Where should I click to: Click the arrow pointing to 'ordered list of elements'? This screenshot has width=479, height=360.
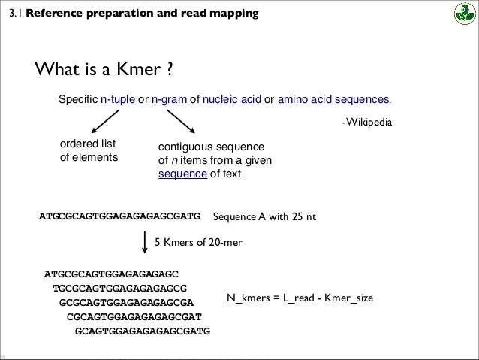click(107, 119)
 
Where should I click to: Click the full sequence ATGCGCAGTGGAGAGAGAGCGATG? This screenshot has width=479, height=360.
click(120, 216)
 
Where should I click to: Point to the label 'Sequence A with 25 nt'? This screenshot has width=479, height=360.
click(265, 217)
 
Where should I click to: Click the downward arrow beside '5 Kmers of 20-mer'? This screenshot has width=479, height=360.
click(145, 244)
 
